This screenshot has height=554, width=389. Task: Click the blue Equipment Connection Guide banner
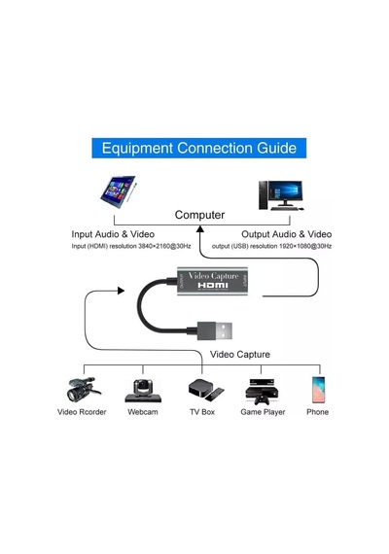click(198, 148)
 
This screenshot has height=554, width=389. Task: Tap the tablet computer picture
click(119, 191)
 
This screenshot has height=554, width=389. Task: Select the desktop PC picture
click(281, 195)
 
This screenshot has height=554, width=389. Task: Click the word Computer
click(199, 215)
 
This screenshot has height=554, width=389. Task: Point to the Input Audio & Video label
click(113, 234)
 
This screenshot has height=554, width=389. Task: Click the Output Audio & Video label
click(287, 234)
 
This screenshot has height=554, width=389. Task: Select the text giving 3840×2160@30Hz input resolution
click(131, 246)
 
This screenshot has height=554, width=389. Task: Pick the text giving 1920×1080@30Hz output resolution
click(271, 246)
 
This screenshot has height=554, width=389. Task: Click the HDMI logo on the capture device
click(213, 285)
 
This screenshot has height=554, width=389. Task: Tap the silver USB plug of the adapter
click(224, 330)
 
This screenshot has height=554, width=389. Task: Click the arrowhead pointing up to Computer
click(200, 229)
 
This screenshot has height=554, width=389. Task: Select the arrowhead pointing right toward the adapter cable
click(121, 291)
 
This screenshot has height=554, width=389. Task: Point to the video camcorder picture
click(82, 389)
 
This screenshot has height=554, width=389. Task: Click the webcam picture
click(143, 391)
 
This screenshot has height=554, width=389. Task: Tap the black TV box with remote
click(206, 390)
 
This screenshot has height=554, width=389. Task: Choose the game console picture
click(262, 392)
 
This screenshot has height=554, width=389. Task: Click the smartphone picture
click(318, 390)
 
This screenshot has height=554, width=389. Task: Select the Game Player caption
click(263, 412)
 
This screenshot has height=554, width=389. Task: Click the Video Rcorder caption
click(82, 412)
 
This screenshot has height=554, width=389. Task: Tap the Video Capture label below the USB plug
click(240, 355)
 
